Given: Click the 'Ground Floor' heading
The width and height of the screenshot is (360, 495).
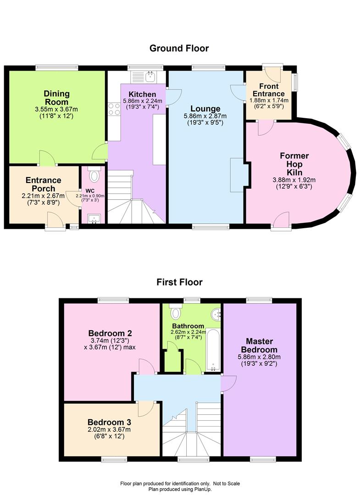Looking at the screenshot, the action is click(x=179, y=48).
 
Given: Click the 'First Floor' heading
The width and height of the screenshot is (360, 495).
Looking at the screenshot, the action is click(x=179, y=282).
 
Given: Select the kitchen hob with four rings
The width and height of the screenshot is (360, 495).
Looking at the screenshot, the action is click(x=114, y=109).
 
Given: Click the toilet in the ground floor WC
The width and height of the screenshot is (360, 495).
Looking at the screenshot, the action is click(x=94, y=174).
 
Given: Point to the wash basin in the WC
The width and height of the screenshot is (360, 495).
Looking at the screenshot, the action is click(x=94, y=219).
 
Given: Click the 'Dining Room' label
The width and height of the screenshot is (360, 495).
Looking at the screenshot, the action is click(x=56, y=98).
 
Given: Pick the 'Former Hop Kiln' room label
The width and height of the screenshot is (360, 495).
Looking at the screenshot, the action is click(x=294, y=164).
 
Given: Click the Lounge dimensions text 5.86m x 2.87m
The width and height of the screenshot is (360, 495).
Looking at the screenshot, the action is click(x=205, y=116).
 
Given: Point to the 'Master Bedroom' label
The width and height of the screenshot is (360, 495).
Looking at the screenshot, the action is click(x=259, y=346).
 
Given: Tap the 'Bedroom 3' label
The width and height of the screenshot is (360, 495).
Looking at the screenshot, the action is click(x=109, y=423).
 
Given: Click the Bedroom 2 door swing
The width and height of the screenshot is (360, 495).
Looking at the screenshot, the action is click(x=147, y=366).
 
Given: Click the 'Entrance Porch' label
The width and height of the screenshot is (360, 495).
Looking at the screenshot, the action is click(x=43, y=184).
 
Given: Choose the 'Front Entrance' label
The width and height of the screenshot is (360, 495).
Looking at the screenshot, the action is click(x=269, y=90).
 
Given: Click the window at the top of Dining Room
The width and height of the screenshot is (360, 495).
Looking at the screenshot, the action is click(x=56, y=67).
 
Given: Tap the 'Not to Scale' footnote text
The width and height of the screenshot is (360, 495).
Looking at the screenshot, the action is click(x=227, y=484).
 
